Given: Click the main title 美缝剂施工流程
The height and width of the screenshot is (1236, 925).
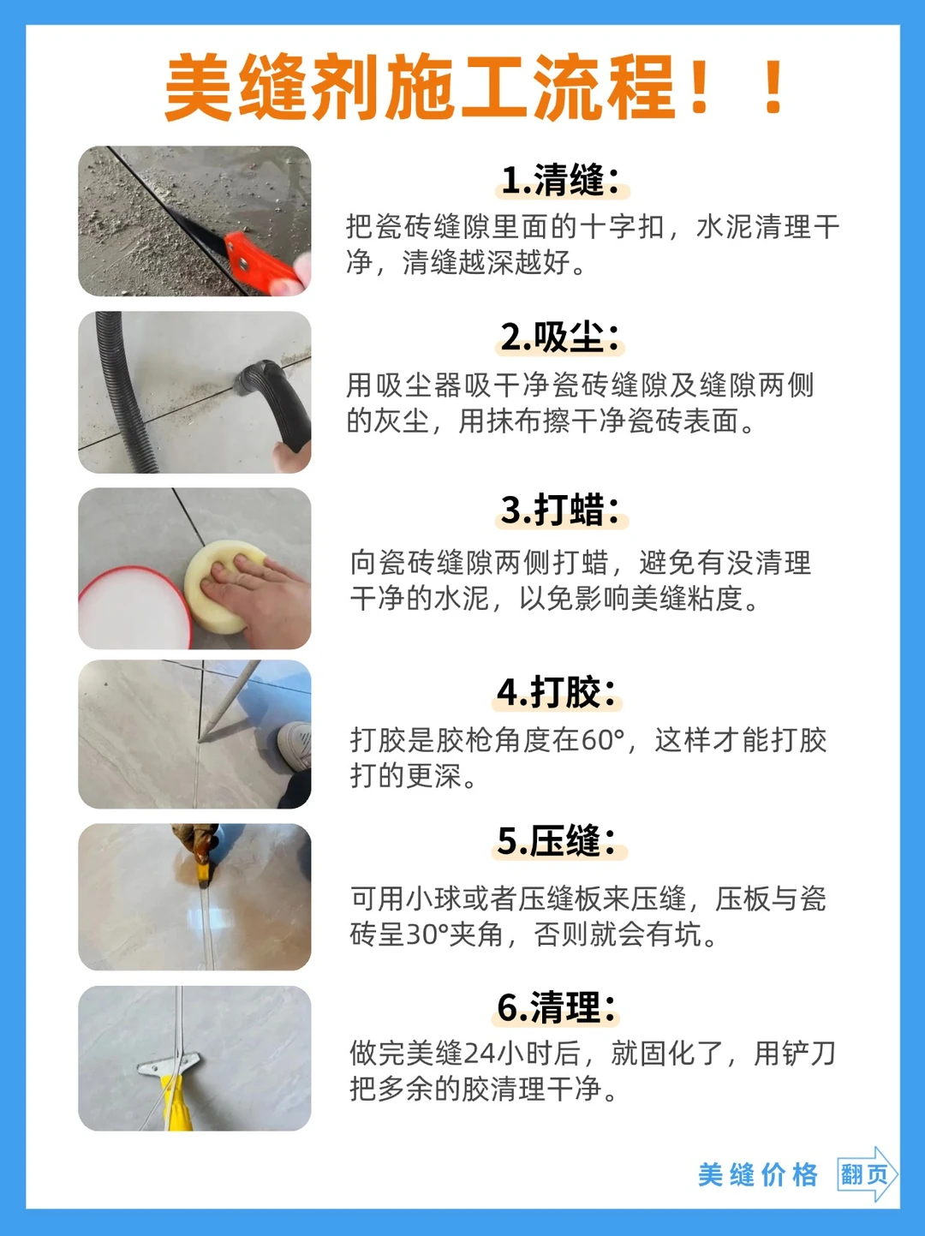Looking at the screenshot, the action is click(420, 87).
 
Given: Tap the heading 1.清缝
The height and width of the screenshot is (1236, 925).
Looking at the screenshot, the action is click(561, 180).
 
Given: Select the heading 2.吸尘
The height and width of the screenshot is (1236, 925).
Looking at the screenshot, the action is click(561, 337).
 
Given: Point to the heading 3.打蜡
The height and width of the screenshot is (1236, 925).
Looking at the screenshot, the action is click(561, 511).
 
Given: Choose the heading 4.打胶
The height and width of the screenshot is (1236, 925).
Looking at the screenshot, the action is click(558, 692).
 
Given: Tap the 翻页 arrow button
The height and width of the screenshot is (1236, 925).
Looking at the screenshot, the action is click(867, 1174).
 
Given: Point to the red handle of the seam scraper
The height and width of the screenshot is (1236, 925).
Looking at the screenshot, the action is click(265, 262).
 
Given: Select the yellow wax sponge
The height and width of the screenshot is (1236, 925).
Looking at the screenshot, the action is click(225, 586).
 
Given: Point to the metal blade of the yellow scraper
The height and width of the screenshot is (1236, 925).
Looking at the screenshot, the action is click(169, 1064).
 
